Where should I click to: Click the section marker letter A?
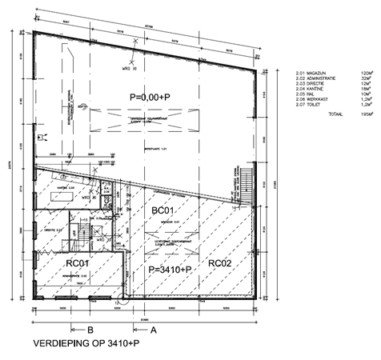point(152,328)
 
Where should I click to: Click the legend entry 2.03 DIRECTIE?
point(309,82)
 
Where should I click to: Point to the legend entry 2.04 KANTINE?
point(309,88)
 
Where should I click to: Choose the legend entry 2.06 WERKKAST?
point(311,99)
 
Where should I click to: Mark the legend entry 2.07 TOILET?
point(308,105)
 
